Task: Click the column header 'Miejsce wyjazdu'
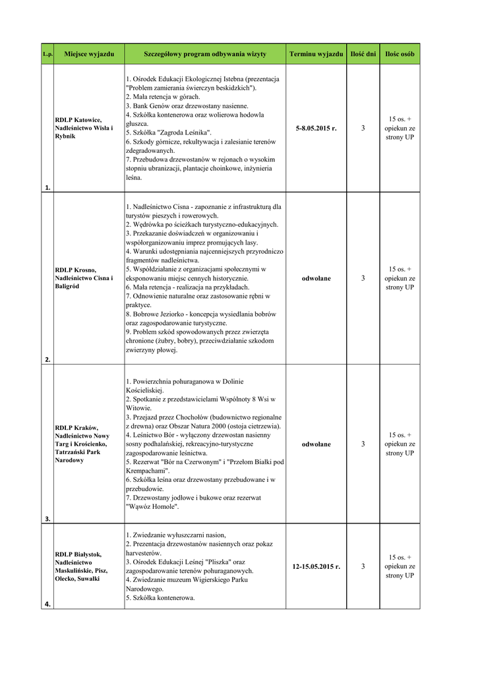click(x=90, y=53)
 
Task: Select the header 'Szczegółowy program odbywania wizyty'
click(x=205, y=53)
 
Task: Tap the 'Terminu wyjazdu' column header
click(x=316, y=53)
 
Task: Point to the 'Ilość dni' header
click(x=363, y=53)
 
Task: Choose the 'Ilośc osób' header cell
click(x=400, y=53)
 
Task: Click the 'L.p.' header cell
click(x=47, y=54)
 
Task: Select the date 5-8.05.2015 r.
click(x=316, y=128)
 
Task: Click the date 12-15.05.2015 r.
click(x=316, y=566)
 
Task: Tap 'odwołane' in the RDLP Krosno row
click(x=316, y=278)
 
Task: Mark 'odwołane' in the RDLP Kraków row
click(x=316, y=444)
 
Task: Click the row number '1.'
click(x=47, y=187)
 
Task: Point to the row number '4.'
click(x=47, y=604)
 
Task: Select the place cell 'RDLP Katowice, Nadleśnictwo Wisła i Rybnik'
click(x=84, y=128)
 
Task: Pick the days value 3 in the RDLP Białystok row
click(x=363, y=566)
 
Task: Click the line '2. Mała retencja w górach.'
click(x=162, y=97)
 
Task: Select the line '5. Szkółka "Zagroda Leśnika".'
click(x=168, y=132)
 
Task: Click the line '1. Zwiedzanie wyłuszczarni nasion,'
click(x=175, y=535)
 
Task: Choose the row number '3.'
click(x=47, y=519)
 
